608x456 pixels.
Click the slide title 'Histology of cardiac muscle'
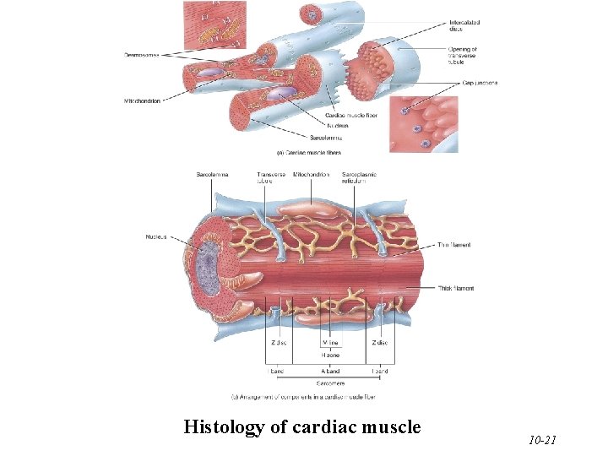[x=301, y=427]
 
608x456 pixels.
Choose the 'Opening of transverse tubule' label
[x=464, y=55]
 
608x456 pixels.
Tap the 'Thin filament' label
[x=453, y=245]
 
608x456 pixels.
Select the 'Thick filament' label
[x=455, y=288]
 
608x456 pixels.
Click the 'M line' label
[x=330, y=343]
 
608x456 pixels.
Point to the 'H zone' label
[x=330, y=356]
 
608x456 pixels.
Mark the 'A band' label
[x=330, y=371]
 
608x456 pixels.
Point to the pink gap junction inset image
[x=423, y=123]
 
